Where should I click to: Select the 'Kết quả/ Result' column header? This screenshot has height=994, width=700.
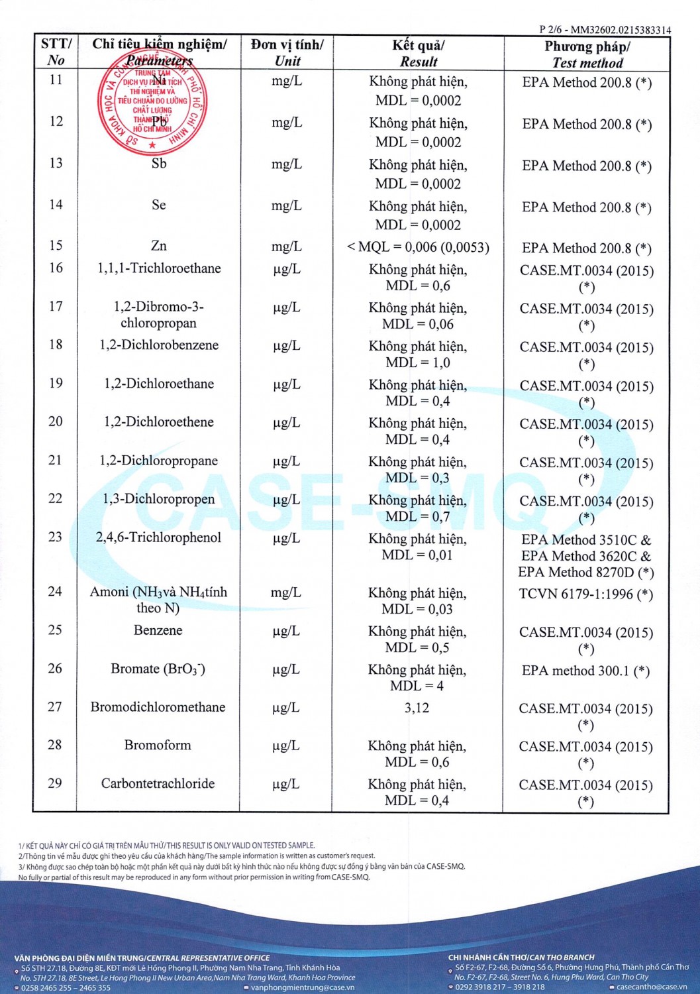tap(418, 53)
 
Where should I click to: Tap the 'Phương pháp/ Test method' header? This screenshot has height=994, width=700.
tap(587, 54)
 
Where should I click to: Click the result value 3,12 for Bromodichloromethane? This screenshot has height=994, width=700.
tap(417, 708)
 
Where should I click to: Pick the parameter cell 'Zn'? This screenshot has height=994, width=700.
tap(159, 246)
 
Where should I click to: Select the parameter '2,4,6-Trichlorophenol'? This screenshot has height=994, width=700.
tap(158, 537)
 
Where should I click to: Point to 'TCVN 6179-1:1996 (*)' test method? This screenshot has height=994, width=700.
tap(585, 594)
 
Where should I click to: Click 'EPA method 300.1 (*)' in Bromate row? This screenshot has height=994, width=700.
tap(585, 671)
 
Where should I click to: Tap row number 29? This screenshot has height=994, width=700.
tap(55, 783)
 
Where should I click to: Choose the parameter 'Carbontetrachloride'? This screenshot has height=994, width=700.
tap(158, 783)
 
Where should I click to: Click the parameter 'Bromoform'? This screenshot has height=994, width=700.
tap(158, 745)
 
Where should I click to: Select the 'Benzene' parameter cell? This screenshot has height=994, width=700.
tap(158, 630)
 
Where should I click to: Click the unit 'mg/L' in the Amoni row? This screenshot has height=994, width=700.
tap(286, 592)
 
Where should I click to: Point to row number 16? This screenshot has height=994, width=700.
tap(56, 268)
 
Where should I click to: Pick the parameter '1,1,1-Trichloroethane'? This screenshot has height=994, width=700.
tap(159, 268)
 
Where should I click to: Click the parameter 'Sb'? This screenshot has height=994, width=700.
tap(159, 163)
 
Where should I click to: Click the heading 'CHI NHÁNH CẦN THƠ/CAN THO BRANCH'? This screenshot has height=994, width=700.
tap(521, 957)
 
